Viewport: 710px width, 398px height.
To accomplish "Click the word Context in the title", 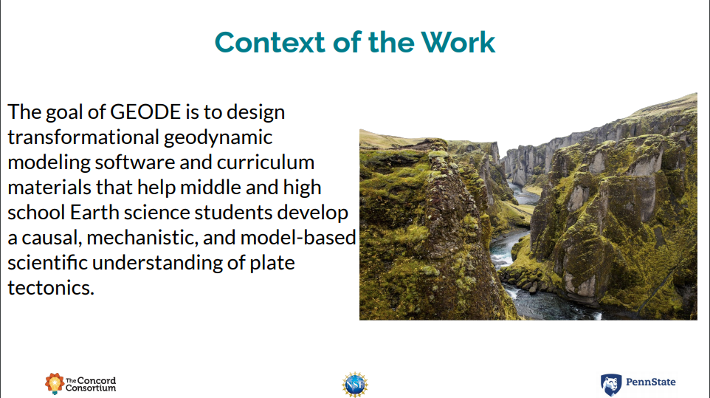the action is point(270,43).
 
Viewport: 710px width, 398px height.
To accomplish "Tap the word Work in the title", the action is point(458,43).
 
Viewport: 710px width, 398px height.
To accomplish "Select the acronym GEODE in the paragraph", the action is point(145,111).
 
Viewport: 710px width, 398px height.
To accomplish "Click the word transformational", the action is point(83,137).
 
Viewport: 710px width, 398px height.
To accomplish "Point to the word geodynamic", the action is point(218,137).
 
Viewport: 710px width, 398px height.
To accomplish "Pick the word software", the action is point(135,162).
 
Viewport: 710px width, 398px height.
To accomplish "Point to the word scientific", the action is point(47,263).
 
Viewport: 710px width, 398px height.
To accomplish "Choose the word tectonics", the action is point(51,288).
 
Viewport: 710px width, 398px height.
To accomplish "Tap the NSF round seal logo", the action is point(355,385).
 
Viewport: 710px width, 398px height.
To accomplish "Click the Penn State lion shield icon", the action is point(611,385).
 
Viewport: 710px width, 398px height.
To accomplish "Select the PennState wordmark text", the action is point(651,382).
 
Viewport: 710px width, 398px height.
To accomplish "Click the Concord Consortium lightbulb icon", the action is point(55,383).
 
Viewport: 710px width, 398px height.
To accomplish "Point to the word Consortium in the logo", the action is point(91,388).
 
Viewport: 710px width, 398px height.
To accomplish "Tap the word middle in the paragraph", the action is point(210,188).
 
